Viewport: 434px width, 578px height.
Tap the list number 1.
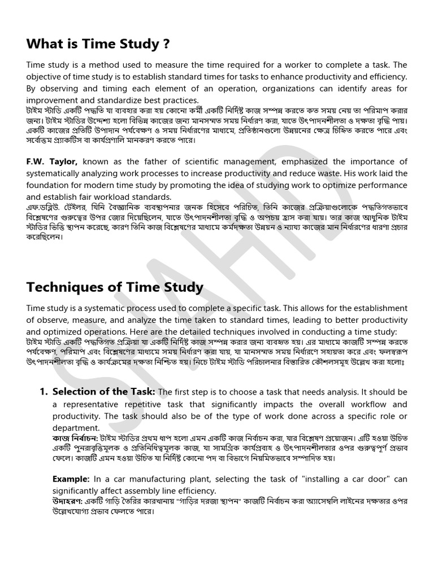42,392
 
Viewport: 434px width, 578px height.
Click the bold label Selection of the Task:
104,392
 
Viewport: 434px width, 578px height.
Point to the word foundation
48,185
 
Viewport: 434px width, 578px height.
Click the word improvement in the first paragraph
53,100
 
